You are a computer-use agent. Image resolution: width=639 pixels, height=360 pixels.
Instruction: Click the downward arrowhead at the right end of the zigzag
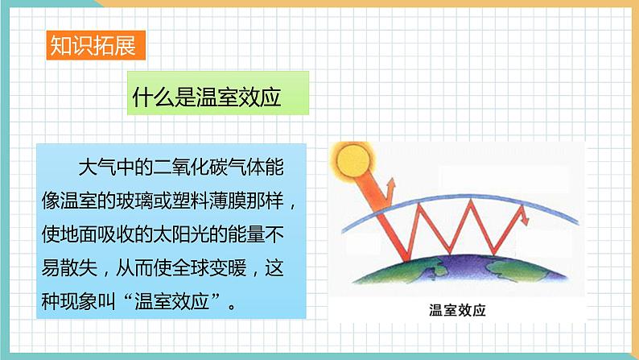pyautogui.click(x=523, y=217)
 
